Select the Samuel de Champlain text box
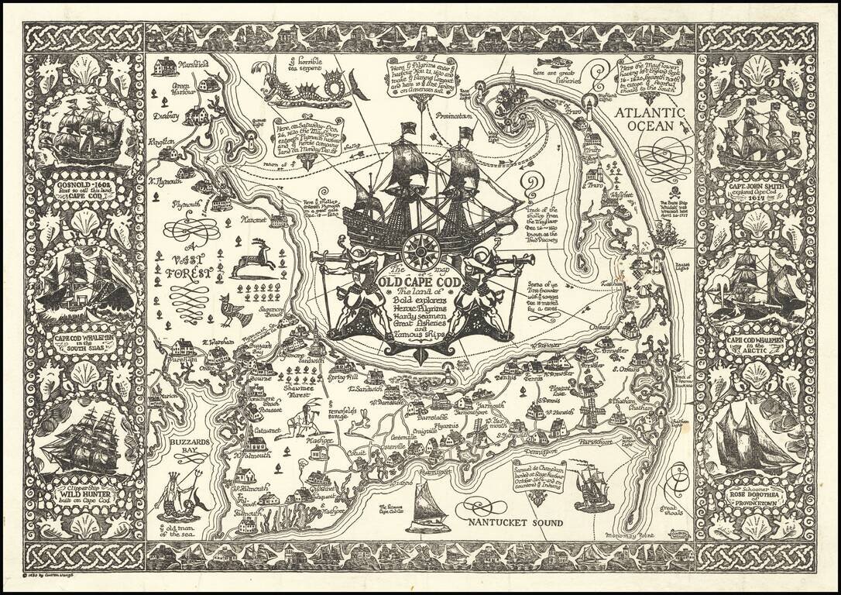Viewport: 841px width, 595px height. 535,474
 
